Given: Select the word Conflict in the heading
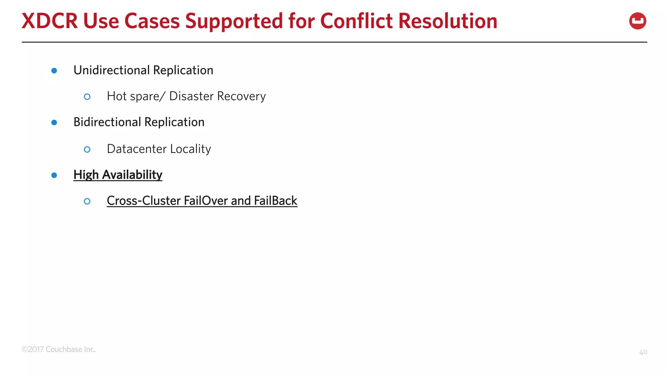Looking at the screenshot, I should click(357, 21).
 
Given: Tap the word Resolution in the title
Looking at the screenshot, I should click(448, 21).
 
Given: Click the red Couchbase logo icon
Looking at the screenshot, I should click(637, 21).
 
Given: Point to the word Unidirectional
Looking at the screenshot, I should click(112, 70).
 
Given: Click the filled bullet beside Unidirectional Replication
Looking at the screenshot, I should click(54, 71).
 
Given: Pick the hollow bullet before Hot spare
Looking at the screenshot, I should click(87, 97).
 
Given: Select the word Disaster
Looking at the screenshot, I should click(192, 96).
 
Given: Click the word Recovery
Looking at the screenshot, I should click(241, 97).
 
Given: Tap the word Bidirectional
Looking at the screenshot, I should click(107, 122).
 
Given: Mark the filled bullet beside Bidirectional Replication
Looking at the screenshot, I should click(54, 123).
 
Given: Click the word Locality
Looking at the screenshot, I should click(191, 149).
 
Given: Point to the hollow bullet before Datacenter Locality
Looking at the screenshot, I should click(87, 149).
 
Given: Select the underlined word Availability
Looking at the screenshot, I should click(132, 175).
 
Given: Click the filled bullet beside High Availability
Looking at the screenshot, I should click(54, 175).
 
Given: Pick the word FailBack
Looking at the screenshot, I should click(276, 201).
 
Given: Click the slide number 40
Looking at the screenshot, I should click(643, 352).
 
